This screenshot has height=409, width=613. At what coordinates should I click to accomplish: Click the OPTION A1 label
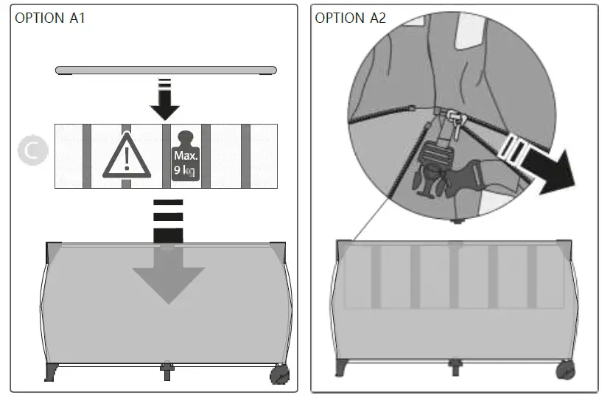50,18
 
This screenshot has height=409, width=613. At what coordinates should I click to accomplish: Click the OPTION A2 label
350,18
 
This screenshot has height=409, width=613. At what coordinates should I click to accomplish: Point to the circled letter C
33,150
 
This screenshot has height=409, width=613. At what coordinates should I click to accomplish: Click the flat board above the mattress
166,70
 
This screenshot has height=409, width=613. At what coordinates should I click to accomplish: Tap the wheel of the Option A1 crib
280,375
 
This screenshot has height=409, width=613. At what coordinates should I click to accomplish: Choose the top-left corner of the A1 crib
53,251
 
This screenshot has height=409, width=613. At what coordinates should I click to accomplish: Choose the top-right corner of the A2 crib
565,249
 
